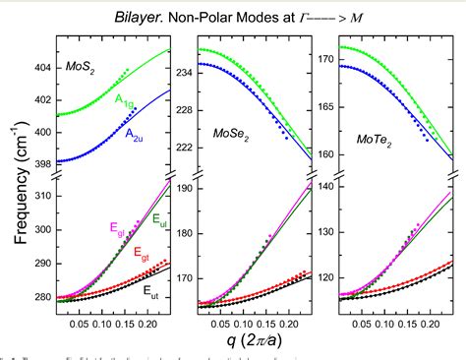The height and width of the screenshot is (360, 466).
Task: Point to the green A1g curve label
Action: pyautogui.click(x=125, y=100)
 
